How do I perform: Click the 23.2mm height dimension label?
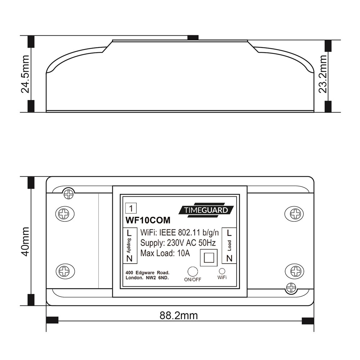323,73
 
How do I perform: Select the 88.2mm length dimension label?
179,316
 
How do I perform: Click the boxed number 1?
131,208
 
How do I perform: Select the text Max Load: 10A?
165,253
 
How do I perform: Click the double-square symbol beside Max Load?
209,257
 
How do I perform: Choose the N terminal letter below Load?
229,258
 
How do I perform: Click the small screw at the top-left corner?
68,194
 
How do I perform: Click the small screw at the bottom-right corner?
291,287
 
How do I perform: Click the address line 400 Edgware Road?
147,273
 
